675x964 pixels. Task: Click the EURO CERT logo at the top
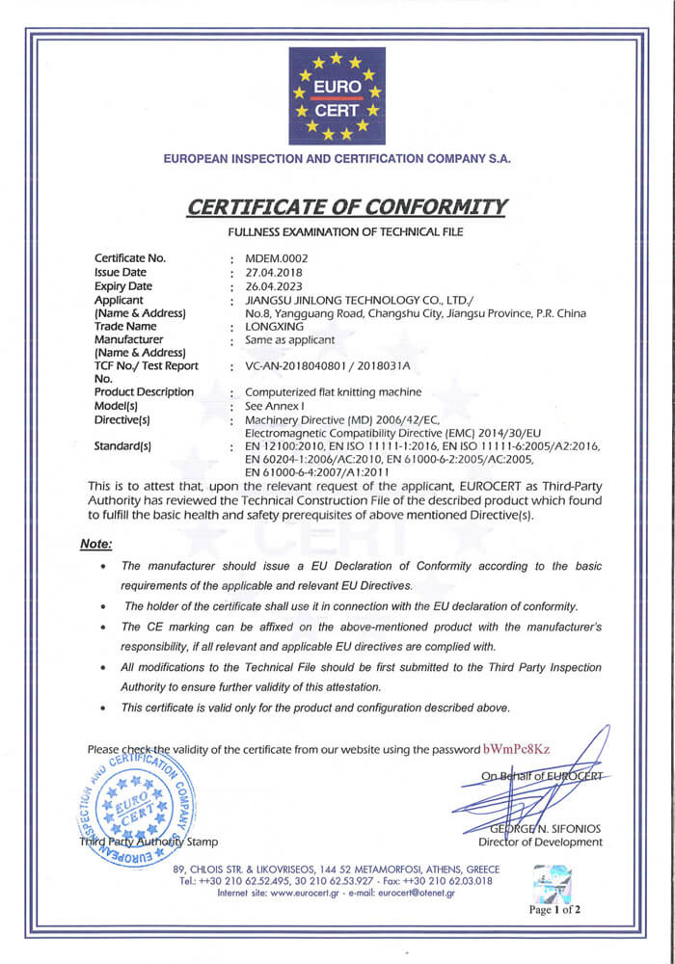337,95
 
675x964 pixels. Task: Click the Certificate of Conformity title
346,206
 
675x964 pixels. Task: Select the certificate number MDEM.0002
277,257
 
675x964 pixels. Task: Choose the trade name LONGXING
275,327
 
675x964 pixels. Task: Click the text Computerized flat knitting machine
334,392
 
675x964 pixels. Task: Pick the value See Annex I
275,406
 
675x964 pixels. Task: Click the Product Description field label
144,392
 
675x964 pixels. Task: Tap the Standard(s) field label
123,446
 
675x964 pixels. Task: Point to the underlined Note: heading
95,544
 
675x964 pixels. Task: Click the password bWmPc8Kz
517,749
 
